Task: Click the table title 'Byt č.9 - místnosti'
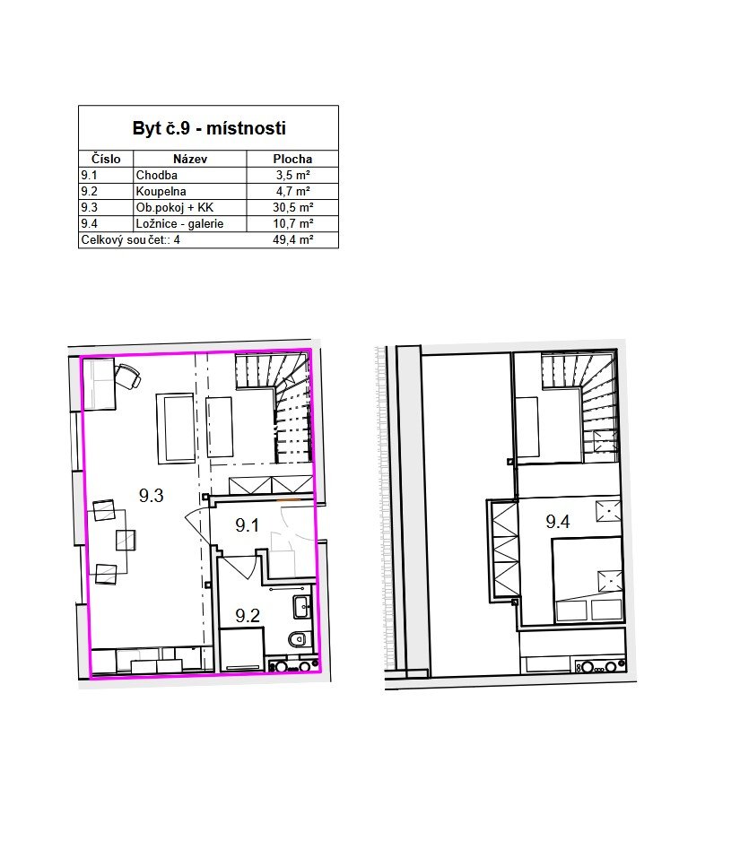(209, 128)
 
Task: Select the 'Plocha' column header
(292, 160)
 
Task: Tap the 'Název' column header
(190, 160)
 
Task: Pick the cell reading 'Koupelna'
(161, 191)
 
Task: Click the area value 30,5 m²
(293, 207)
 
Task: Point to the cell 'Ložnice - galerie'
(179, 223)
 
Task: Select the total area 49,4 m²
(293, 240)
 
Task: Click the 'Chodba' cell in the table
(157, 175)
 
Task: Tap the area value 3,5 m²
(293, 175)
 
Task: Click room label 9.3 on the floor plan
(152, 496)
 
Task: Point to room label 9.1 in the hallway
(247, 525)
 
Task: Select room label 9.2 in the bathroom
(248, 616)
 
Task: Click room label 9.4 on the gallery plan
(558, 522)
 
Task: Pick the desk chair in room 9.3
(129, 376)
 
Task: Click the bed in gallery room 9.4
(587, 579)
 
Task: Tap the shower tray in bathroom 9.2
(241, 650)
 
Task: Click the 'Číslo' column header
(106, 160)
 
